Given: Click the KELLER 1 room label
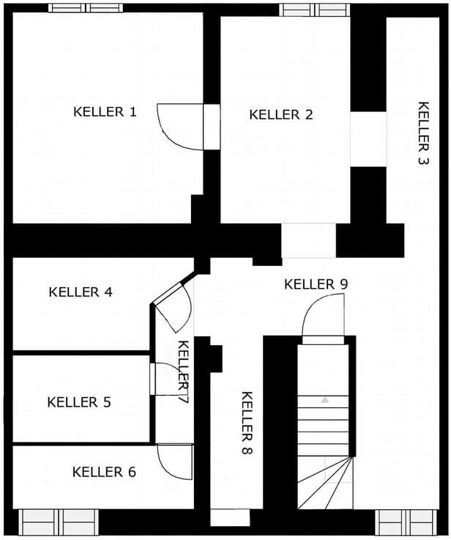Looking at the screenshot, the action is (105, 111).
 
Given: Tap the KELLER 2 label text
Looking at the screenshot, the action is (281, 115).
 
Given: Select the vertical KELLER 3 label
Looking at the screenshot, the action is (424, 133).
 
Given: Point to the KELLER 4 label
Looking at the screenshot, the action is (81, 292).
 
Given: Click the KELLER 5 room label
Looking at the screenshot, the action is (79, 402).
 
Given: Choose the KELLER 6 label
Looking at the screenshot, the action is (104, 472).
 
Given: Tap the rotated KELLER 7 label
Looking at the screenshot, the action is (183, 371).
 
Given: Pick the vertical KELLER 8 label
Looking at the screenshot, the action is (247, 423).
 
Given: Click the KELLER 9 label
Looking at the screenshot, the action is (316, 284).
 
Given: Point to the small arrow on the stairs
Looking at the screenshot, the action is (325, 400).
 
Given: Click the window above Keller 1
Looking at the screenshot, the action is (86, 8).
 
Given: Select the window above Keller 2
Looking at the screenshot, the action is (314, 10).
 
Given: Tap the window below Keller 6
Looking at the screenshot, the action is (59, 522).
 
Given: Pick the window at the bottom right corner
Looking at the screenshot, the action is (406, 522).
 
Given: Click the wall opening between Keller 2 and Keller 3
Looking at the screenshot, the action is (368, 139).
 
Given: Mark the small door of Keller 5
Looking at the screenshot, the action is (152, 379).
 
